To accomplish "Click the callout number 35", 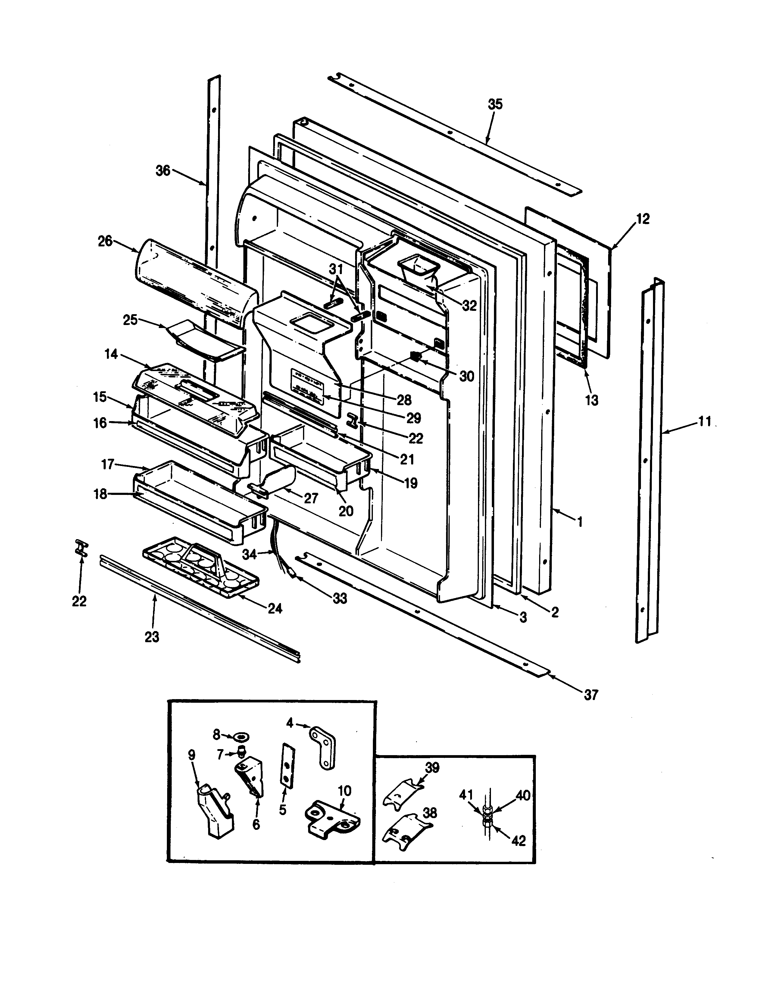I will click(x=495, y=104).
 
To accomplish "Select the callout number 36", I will click(x=163, y=171).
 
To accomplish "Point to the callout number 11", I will click(x=704, y=422).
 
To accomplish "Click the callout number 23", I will click(x=152, y=637).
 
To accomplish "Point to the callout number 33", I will click(x=340, y=599).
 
